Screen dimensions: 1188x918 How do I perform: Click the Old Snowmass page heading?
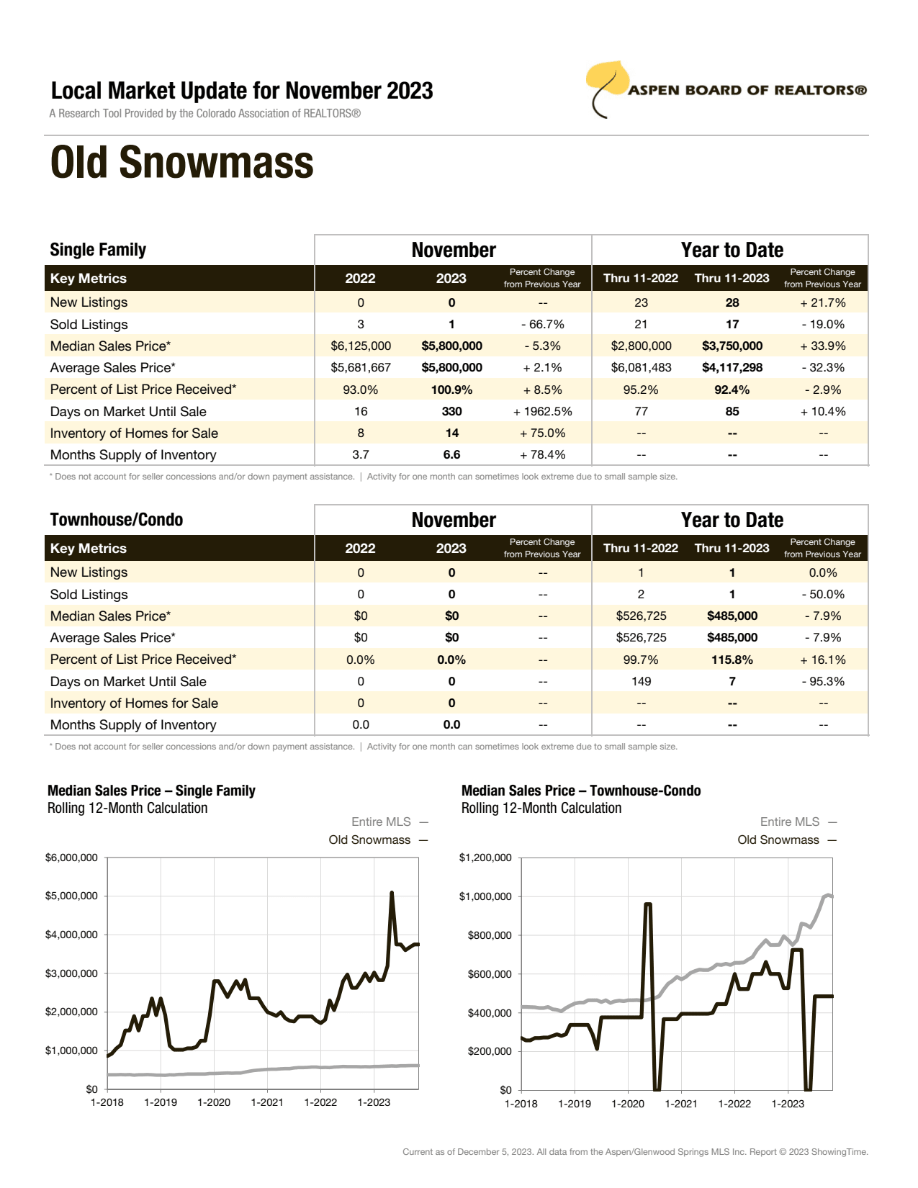pos(182,163)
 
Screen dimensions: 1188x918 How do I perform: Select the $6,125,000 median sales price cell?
pos(361,346)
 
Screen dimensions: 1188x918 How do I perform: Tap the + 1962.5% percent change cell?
pos(542,412)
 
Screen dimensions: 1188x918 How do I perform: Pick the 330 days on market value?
pos(451,412)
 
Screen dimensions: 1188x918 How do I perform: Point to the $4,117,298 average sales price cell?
pos(732,368)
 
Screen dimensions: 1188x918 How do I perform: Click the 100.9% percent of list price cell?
pos(451,390)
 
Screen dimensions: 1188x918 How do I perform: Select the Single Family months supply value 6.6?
pos(451,455)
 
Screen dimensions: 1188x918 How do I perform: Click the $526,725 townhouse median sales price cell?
pos(641,616)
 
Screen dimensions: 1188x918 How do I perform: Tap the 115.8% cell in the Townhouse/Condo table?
pos(732,660)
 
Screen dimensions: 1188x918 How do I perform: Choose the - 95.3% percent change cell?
pos(823,682)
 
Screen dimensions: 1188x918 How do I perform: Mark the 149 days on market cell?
pos(641,682)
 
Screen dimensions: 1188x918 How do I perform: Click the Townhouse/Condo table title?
pos(117,520)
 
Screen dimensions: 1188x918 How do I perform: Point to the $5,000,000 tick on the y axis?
pos(71,896)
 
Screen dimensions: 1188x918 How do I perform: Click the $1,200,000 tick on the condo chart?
pos(485,858)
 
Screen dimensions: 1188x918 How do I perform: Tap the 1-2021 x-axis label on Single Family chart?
pos(267,1103)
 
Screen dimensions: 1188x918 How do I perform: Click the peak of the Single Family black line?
pos(392,894)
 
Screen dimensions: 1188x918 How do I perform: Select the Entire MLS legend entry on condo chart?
pos(790,822)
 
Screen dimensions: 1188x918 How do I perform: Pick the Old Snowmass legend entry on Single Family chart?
pos(369,840)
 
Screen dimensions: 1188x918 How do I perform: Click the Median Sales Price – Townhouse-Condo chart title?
pos(581,791)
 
